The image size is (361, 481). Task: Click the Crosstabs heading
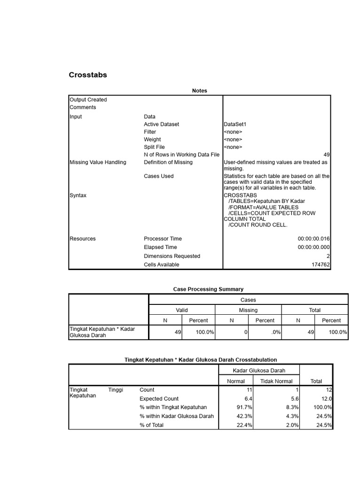pyautogui.click(x=88, y=75)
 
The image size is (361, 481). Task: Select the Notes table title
pyautogui.click(x=199, y=91)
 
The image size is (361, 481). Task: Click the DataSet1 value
pyautogui.click(x=235, y=124)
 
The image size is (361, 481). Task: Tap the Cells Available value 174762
pyautogui.click(x=321, y=264)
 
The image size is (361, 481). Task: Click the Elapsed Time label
pyautogui.click(x=160, y=247)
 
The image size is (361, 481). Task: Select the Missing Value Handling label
pyautogui.click(x=98, y=162)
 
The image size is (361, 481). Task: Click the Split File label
pyautogui.click(x=154, y=147)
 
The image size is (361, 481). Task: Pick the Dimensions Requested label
pyautogui.click(x=172, y=256)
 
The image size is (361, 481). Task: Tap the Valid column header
pyautogui.click(x=181, y=310)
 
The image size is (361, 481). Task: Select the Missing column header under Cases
pyautogui.click(x=248, y=310)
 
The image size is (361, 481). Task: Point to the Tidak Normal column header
pyautogui.click(x=276, y=381)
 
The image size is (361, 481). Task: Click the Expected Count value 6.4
pyautogui.click(x=248, y=398)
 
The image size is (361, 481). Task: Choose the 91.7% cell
pyautogui.click(x=244, y=407)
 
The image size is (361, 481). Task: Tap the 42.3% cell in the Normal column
pyautogui.click(x=244, y=416)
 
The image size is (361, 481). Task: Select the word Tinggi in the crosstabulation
pyautogui.click(x=116, y=390)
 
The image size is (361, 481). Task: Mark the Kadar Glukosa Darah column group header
pyautogui.click(x=259, y=370)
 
